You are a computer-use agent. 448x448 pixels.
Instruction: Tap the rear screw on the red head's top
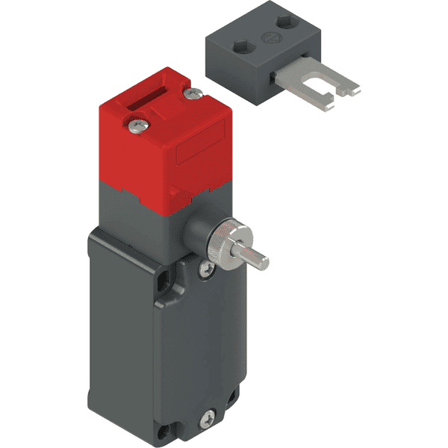196,93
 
